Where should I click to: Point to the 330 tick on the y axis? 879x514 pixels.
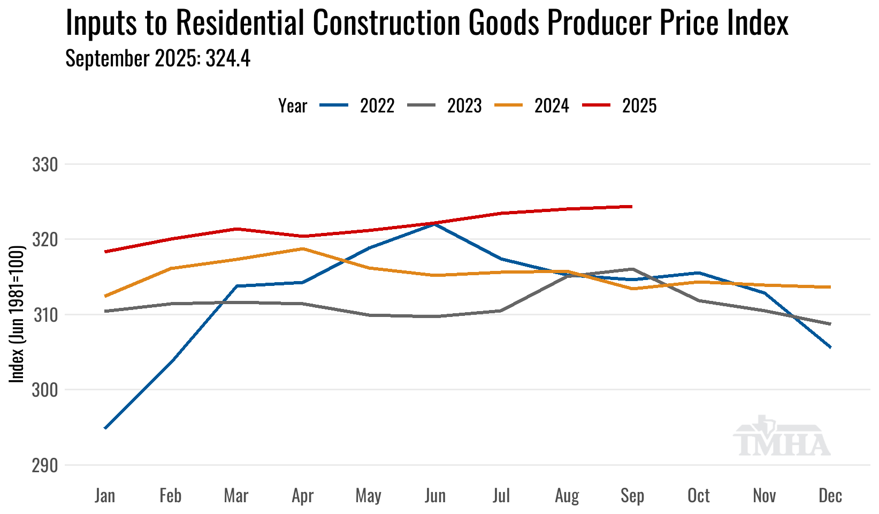pyautogui.click(x=45, y=165)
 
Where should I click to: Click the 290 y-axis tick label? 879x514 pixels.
pyautogui.click(x=45, y=465)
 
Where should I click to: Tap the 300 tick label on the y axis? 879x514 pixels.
pyautogui.click(x=45, y=390)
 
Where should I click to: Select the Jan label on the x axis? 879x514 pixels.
pyautogui.click(x=105, y=496)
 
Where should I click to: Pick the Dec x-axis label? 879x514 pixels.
pyautogui.click(x=830, y=496)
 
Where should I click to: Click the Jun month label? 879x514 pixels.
pyautogui.click(x=435, y=496)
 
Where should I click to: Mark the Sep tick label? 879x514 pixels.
pyautogui.click(x=632, y=496)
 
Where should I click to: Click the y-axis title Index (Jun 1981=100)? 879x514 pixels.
pyautogui.click(x=18, y=314)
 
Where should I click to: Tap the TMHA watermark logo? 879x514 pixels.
pyautogui.click(x=781, y=437)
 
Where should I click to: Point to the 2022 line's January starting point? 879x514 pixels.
pyautogui.click(x=105, y=428)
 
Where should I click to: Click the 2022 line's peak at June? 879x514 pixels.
pyautogui.click(x=435, y=224)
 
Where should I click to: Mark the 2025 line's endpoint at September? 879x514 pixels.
pyautogui.click(x=632, y=206)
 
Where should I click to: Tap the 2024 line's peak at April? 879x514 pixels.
pyautogui.click(x=303, y=248)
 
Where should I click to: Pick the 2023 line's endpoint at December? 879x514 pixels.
pyautogui.click(x=830, y=324)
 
